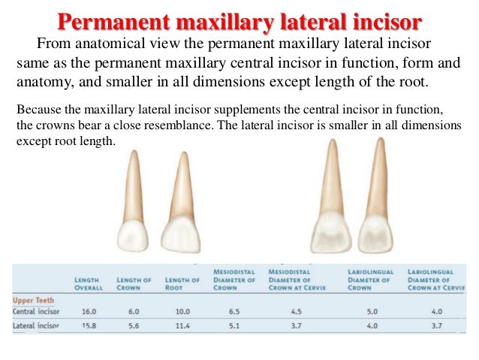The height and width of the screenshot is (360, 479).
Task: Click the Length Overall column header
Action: [x=87, y=283]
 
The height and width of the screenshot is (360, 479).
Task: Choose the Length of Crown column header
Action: [x=134, y=283]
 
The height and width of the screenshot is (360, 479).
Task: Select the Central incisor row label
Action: [x=37, y=311]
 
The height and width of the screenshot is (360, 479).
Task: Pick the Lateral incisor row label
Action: [x=37, y=326]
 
